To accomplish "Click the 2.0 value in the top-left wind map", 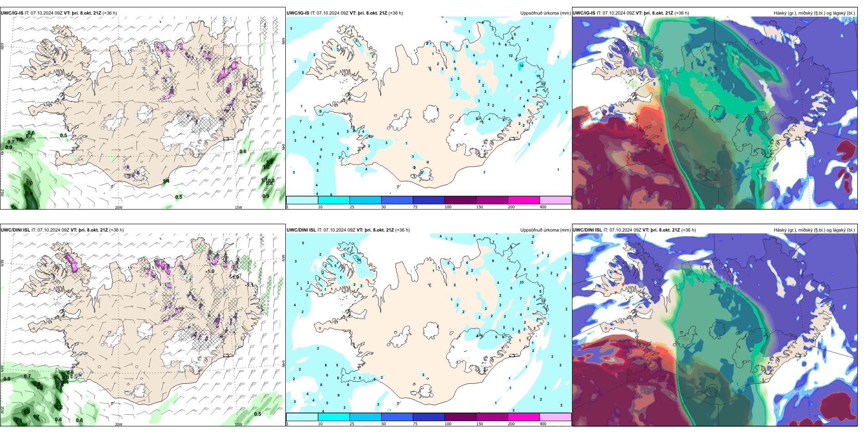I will (x=29, y=193).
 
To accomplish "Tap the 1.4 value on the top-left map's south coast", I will (x=166, y=181).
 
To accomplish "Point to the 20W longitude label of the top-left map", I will (x=119, y=207).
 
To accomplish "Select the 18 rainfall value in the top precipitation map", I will (x=521, y=66).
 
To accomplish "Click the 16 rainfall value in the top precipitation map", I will (x=538, y=77).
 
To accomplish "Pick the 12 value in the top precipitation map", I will (x=510, y=56).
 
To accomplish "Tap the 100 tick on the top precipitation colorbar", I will (x=448, y=207).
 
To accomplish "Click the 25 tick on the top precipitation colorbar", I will (x=352, y=207).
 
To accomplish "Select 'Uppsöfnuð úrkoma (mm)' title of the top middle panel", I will (x=545, y=13).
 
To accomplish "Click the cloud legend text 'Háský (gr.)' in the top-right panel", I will (x=785, y=13).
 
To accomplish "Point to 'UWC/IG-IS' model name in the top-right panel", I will (x=584, y=13).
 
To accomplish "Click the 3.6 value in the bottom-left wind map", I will (x=60, y=385).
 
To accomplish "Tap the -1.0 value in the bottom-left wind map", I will (x=210, y=271).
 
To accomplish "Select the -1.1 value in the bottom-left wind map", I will (x=249, y=285).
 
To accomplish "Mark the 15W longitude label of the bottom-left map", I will (x=238, y=424).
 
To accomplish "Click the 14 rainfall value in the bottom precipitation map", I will (x=359, y=260).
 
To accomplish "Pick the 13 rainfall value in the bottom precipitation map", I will (x=521, y=282).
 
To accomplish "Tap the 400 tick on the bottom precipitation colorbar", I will (x=543, y=424).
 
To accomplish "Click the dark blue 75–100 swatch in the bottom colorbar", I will (x=428, y=417).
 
